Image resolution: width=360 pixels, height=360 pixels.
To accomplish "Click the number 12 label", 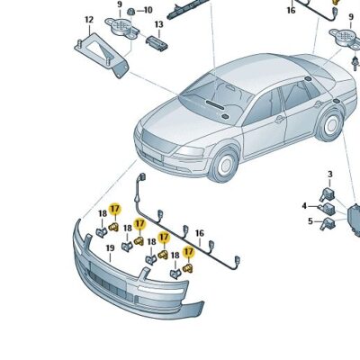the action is coord(89,20).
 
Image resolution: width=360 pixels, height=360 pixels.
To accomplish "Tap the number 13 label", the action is coord(158,24).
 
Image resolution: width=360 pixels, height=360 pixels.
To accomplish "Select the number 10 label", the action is coord(148,10).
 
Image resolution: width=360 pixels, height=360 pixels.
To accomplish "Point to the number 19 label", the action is coord(110,248).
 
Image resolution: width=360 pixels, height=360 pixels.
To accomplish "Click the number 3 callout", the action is coord(330,175).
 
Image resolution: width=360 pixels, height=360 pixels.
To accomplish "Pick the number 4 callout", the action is coord(304,206).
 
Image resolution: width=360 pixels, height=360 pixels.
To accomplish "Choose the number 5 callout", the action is coord(310,221).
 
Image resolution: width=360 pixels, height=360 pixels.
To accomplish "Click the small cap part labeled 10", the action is coord(130,12).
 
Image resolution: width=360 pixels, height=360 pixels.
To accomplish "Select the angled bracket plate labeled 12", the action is coord(101,55).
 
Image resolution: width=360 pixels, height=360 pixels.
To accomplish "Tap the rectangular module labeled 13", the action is coord(157,43).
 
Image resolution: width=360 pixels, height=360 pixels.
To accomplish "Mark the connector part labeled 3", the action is coord(326,194).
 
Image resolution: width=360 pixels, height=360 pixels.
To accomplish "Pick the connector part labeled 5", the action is coord(328,224).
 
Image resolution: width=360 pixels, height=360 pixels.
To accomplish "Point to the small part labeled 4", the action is coord(328,208).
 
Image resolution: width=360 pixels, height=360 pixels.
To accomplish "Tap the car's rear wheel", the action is coord(329,125).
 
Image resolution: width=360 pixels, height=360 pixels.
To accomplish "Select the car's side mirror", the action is coord(224,116).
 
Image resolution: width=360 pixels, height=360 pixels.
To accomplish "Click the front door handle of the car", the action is coord(280,119).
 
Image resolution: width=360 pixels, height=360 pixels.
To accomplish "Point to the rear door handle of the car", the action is coord(318,103).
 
